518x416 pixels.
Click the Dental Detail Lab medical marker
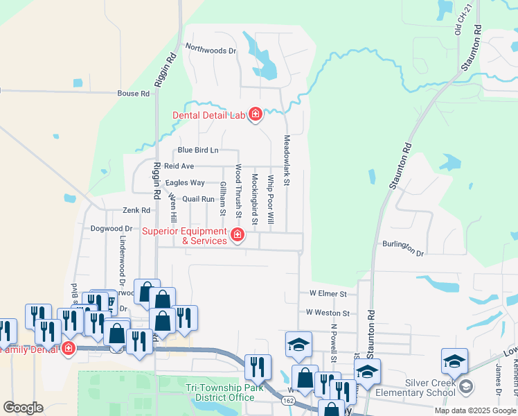tap(255, 114)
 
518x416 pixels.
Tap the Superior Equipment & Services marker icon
tap(237, 236)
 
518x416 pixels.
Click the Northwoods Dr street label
tap(211, 50)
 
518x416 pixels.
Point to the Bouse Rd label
tap(134, 94)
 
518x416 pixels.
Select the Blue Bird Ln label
tap(197, 150)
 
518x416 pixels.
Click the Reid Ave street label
tap(179, 166)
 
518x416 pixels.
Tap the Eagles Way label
tap(185, 183)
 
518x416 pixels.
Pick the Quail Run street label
tap(199, 199)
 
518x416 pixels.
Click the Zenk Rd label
tap(136, 210)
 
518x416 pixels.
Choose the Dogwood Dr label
tap(111, 228)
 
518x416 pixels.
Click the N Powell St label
tap(334, 344)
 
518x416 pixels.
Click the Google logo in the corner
tap(23, 408)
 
